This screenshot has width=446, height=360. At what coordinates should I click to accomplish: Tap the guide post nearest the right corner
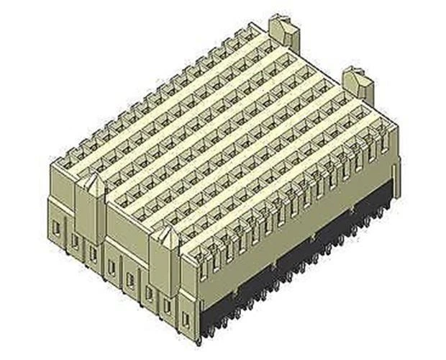(x=356, y=83)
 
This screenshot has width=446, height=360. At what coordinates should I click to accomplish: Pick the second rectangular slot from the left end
(x=75, y=241)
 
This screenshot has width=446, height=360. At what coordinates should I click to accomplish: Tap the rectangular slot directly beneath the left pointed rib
(x=93, y=253)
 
